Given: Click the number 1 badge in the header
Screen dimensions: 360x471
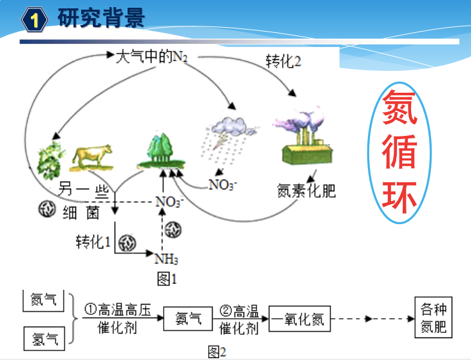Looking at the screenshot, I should (35, 19).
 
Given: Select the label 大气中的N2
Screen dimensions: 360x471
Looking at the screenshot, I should (152, 57).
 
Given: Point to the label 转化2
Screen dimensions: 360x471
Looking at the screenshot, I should (284, 62).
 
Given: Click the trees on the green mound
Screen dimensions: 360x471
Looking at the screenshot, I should (160, 151).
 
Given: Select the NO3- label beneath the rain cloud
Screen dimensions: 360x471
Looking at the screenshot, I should (223, 185).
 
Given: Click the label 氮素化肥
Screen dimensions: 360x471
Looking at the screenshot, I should (307, 191).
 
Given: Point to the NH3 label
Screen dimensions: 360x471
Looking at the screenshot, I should (166, 259).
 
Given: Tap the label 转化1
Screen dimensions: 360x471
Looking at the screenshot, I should (94, 242).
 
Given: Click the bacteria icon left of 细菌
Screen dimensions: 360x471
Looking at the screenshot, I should (47, 211).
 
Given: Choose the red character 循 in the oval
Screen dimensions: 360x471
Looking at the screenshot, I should (399, 153).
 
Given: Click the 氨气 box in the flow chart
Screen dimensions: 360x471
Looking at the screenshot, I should (188, 318).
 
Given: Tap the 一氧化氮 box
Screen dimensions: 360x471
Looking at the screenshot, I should (298, 318).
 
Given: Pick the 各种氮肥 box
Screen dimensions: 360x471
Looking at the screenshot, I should (432, 317).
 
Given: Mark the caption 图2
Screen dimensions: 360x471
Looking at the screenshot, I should (217, 352).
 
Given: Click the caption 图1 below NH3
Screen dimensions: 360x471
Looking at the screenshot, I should (167, 279).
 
